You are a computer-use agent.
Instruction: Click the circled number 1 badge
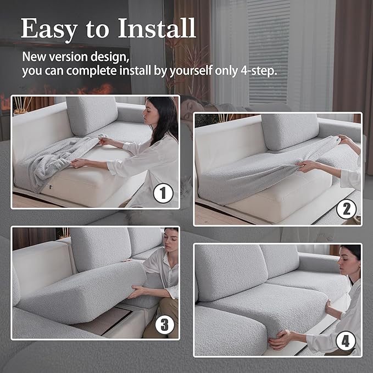click(163, 193)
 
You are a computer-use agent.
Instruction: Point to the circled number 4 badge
click(345, 341)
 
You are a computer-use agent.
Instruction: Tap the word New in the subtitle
click(34, 57)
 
